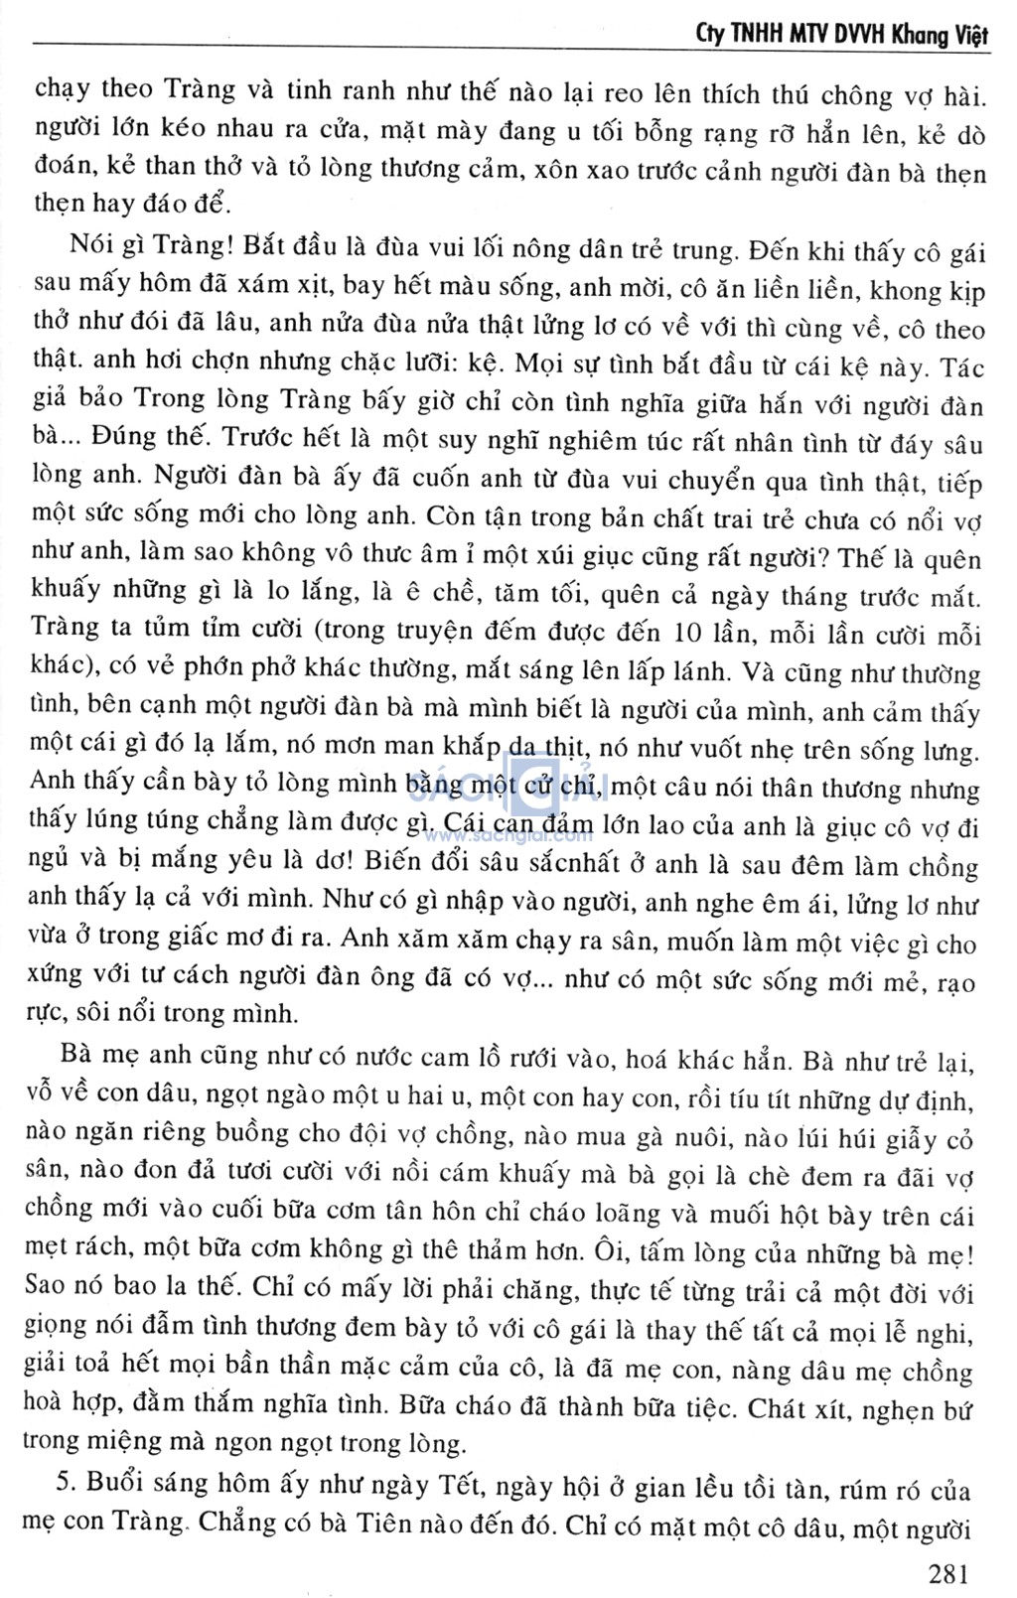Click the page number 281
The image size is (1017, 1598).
click(947, 1573)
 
